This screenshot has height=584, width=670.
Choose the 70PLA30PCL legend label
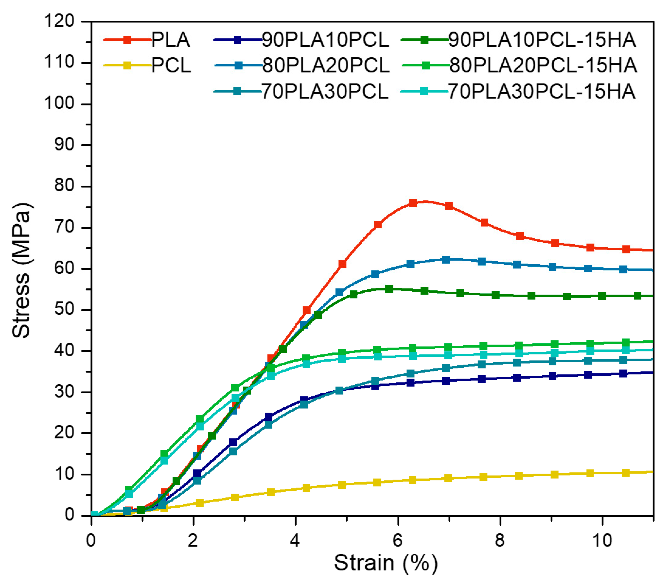coord(325,91)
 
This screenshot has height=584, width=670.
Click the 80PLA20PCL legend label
coord(326,66)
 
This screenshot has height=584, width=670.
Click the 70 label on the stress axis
coord(65,227)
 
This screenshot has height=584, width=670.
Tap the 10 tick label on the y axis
coord(65,474)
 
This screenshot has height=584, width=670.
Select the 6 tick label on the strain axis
coord(397,540)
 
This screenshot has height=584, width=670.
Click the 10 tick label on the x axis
coord(602,540)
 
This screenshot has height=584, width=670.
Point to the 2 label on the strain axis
coord(193,540)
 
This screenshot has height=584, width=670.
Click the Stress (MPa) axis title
coord(21,270)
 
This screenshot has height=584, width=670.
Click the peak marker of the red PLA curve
coord(413,203)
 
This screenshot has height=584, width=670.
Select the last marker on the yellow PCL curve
coord(625,472)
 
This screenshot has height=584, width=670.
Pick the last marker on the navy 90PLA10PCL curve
coord(623,373)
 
